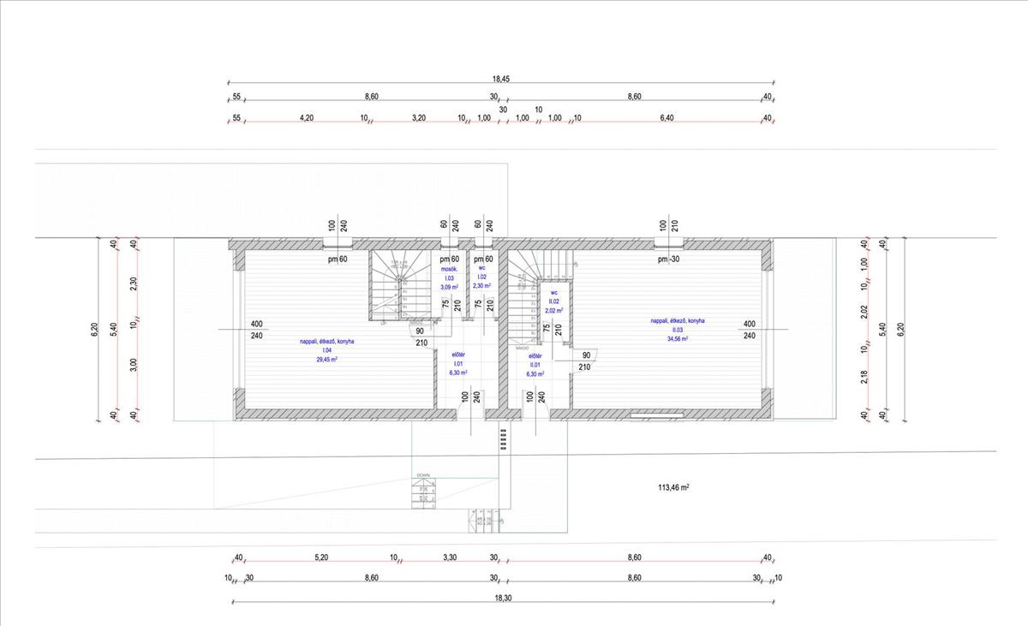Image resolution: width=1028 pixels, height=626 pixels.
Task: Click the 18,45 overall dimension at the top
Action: [x=501, y=79]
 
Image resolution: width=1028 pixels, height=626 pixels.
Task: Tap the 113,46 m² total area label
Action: [x=673, y=487]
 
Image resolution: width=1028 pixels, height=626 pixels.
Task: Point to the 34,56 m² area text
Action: [x=677, y=339]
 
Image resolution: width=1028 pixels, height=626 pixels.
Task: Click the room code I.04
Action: [x=326, y=350]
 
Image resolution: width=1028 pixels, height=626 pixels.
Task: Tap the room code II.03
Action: [x=677, y=330]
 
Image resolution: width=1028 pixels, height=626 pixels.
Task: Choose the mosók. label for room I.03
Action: [x=450, y=269]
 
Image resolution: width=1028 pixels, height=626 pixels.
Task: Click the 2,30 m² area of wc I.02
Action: [x=481, y=286]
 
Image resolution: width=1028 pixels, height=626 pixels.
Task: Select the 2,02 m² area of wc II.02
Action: [x=554, y=311]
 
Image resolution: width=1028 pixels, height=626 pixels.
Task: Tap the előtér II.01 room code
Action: [x=535, y=364]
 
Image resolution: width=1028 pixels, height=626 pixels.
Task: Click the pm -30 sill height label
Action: [x=668, y=259]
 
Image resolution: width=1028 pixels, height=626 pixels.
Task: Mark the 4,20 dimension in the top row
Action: [x=306, y=118]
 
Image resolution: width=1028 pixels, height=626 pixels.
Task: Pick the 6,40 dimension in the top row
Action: [x=667, y=118]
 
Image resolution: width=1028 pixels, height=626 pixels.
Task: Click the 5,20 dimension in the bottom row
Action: [x=321, y=557]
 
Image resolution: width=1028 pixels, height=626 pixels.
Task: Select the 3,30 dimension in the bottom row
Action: [x=449, y=557]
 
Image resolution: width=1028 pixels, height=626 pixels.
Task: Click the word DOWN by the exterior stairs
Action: [x=423, y=475]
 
